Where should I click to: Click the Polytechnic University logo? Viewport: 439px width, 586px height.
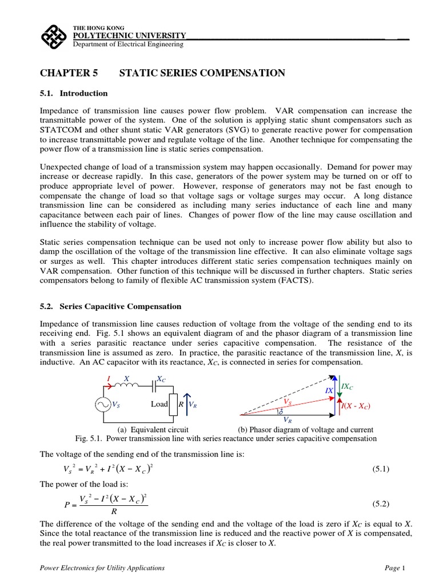point(55,36)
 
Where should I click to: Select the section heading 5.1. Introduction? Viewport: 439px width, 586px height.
point(74,93)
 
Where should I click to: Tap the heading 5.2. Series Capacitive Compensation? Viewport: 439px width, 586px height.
point(110,307)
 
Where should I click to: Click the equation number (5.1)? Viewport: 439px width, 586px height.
point(381,469)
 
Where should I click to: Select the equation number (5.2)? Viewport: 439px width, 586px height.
point(381,504)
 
